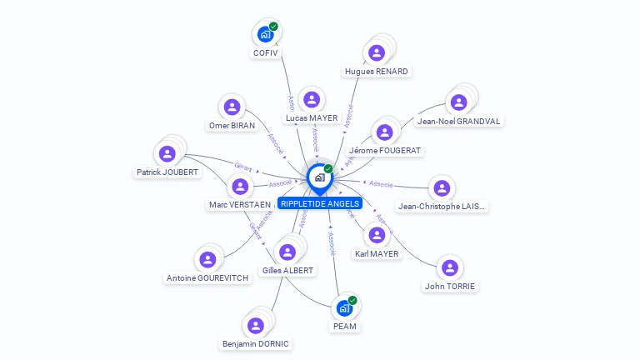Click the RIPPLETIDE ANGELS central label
pos(320,203)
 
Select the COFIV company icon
pos(265,34)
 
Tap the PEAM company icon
pos(344,308)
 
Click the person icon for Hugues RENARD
pos(377,52)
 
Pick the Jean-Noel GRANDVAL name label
pos(459,121)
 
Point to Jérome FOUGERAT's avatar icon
pos(384,132)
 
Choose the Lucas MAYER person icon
pos(312,100)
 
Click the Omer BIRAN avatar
pos(232,107)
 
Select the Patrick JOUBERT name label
pos(167,172)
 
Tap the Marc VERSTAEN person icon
pos(239,187)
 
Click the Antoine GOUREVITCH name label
pos(207,278)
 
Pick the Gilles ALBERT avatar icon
pos(288,252)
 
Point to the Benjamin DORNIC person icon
pos(255,326)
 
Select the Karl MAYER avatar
pos(377,236)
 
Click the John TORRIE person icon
pos(450,268)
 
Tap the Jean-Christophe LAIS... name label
pos(442,207)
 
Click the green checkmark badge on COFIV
pos(273,27)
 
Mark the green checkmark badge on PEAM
pos(352,300)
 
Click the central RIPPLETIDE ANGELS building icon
pos(319,177)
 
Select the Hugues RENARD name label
pos(377,72)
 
